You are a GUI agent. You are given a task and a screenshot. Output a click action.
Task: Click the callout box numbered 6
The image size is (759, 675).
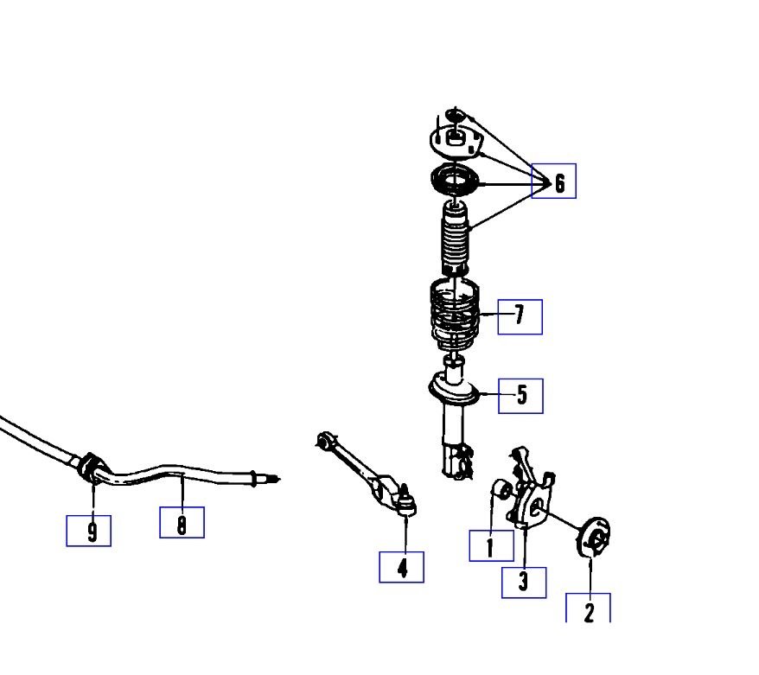(553, 181)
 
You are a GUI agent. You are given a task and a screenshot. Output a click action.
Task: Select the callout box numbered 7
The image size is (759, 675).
(520, 316)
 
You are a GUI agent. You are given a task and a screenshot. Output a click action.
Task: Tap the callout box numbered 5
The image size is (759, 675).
(521, 395)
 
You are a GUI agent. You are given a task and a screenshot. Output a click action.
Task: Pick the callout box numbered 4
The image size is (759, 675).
(402, 567)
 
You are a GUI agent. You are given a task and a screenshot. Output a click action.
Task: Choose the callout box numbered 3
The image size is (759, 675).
(524, 582)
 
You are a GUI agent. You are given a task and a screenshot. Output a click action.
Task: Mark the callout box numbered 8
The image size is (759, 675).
(182, 522)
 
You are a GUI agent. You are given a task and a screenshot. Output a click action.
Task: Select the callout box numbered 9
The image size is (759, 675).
(89, 530)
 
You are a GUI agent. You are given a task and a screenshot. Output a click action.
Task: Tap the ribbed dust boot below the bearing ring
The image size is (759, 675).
(455, 237)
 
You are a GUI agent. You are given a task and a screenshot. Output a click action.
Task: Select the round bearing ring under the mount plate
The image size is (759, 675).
(453, 181)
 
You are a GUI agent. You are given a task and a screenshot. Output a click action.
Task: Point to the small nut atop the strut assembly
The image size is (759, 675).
(456, 113)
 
